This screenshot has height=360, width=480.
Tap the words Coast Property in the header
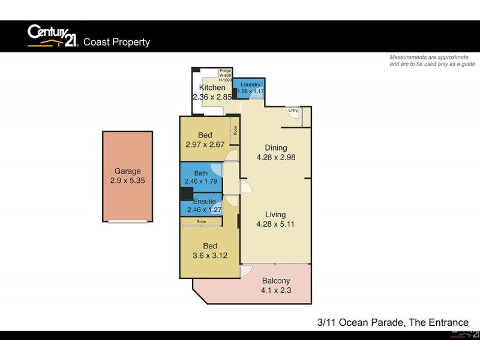[116, 42]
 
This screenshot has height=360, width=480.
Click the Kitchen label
[212, 88]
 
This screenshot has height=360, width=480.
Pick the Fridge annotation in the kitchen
[225, 71]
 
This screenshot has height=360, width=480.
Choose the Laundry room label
[248, 85]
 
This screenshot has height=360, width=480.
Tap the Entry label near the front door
[293, 110]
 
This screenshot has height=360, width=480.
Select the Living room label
[275, 214]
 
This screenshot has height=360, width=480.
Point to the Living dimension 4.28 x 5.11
[275, 224]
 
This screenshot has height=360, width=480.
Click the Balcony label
[275, 280]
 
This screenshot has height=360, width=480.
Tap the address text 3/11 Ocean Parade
[360, 323]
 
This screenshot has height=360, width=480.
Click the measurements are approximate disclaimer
[432, 60]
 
